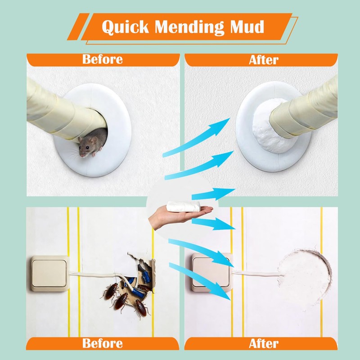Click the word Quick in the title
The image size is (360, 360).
click(x=126, y=27)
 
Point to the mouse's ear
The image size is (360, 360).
click(x=94, y=140)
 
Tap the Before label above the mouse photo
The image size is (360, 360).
click(x=103, y=59)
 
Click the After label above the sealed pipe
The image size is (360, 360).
click(x=264, y=60)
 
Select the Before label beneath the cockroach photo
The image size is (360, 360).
click(x=103, y=343)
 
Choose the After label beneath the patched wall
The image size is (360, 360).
click(x=264, y=344)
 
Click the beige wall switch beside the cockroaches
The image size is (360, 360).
click(x=50, y=274)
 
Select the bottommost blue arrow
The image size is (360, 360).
click(x=200, y=282)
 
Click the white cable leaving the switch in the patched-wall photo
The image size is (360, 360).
click(x=257, y=273)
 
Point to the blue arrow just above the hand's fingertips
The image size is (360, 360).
click(x=213, y=194)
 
